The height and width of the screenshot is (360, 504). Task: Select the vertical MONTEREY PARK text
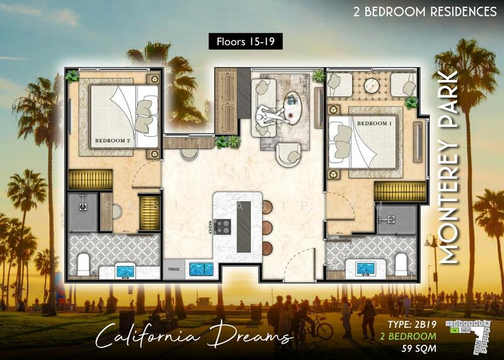click(449, 167)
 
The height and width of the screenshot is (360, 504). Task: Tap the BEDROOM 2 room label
click(112, 141)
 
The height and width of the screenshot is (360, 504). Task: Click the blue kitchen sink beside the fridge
click(200, 268)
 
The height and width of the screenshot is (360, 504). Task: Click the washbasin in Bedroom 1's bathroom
click(365, 269)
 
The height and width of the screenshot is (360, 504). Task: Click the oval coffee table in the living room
click(292, 103)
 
